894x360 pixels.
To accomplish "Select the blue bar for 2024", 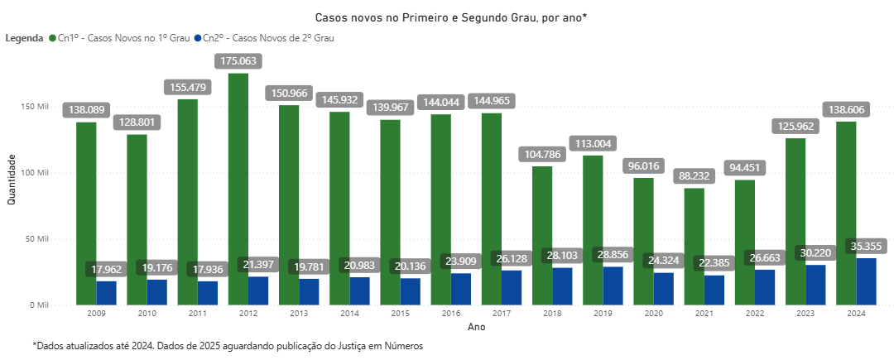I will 866,281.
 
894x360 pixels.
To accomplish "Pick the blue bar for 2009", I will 106,293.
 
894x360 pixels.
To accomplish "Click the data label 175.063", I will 238,60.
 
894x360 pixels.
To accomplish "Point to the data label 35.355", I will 867,246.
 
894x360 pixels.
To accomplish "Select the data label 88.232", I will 694,175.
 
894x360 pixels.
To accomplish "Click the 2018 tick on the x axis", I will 553,314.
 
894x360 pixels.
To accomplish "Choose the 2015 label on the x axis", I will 401,314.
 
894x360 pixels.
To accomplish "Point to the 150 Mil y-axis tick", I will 38,107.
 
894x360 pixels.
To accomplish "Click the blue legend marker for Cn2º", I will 197,38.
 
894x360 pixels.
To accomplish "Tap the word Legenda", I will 24,38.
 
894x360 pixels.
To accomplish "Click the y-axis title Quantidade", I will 12,179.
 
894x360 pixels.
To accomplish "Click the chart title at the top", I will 451,17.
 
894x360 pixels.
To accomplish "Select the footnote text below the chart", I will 228,347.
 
